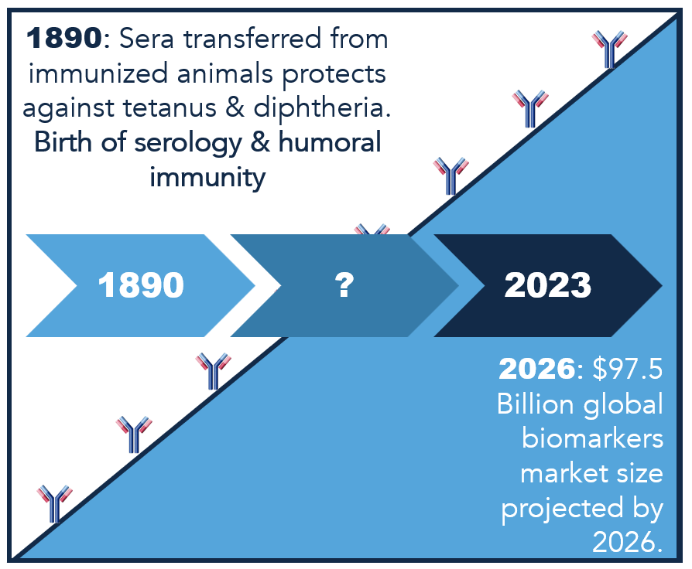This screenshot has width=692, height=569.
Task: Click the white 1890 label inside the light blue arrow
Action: pyautogui.click(x=141, y=285)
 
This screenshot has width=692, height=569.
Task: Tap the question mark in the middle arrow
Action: pyautogui.click(x=344, y=285)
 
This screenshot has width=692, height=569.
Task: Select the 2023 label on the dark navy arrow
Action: pyautogui.click(x=548, y=285)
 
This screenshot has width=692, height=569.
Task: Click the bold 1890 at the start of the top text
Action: pyautogui.click(x=64, y=38)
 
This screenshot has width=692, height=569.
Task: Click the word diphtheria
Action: pyautogui.click(x=322, y=107)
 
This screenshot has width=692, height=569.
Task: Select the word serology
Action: pyautogui.click(x=188, y=143)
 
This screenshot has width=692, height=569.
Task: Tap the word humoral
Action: pyautogui.click(x=330, y=142)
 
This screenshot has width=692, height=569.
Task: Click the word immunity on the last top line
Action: pyautogui.click(x=207, y=178)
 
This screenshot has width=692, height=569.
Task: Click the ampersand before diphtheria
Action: pyautogui.click(x=235, y=107)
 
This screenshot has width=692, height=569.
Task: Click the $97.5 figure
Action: pyautogui.click(x=627, y=368)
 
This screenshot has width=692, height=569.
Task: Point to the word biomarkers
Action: pyautogui.click(x=592, y=438)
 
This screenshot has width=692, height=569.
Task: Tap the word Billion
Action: pyautogui.click(x=535, y=403)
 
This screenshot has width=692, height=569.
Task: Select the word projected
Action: pyautogui.click(x=562, y=508)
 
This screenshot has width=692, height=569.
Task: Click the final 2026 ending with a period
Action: pyautogui.click(x=628, y=542)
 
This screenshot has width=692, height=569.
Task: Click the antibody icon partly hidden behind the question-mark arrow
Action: pyautogui.click(x=372, y=229)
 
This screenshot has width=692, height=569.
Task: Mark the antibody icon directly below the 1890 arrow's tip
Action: pyautogui.click(x=213, y=371)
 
